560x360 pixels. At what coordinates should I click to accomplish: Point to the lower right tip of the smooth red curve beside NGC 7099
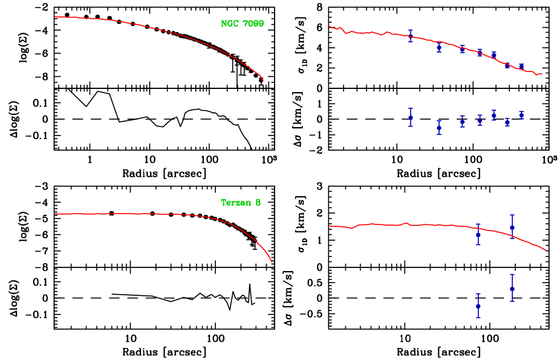263,80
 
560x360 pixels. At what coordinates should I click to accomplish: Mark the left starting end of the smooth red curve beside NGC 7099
55,16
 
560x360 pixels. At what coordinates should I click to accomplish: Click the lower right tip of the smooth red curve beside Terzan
272,261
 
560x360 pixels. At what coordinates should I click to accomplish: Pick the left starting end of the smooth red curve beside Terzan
55,214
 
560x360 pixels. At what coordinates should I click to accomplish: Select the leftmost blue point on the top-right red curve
411,36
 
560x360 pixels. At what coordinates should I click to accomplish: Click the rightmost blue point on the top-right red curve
521,67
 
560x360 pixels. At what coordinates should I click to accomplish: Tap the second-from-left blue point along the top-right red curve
439,47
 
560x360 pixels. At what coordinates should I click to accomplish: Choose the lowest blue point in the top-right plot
439,128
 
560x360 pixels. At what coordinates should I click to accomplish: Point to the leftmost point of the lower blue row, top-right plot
411,117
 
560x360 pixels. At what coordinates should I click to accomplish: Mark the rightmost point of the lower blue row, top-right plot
521,114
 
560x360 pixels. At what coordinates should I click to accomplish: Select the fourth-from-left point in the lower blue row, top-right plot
480,120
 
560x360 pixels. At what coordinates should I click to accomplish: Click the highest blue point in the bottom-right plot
512,227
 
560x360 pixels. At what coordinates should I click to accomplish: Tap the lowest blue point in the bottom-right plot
478,306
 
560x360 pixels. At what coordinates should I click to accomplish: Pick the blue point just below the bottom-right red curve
478,234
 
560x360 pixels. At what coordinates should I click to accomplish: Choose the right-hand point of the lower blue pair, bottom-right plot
512,289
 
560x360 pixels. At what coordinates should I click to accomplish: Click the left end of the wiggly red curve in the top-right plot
329,26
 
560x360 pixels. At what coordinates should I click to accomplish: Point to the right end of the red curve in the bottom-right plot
546,250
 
